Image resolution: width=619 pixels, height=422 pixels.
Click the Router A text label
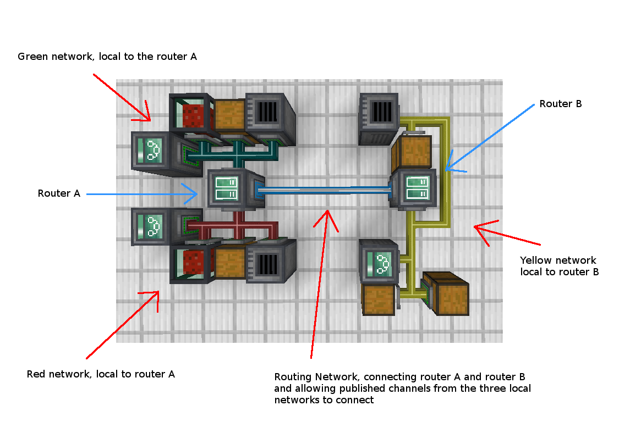point(59,193)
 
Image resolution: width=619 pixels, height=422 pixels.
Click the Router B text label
point(560,104)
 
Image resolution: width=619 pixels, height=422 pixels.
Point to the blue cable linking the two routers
point(325,190)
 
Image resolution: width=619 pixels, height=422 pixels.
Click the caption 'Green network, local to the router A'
point(107,57)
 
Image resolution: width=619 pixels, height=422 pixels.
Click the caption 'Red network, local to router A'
point(101,374)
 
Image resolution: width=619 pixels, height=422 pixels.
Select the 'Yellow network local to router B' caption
point(559,266)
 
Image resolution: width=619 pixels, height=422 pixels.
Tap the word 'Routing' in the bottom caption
point(293,377)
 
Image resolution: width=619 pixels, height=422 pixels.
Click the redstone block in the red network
point(193,262)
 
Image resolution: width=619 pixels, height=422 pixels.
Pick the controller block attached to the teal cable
point(150,150)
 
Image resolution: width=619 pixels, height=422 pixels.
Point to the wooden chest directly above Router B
point(412,152)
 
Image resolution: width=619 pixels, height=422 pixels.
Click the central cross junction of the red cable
point(239,226)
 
